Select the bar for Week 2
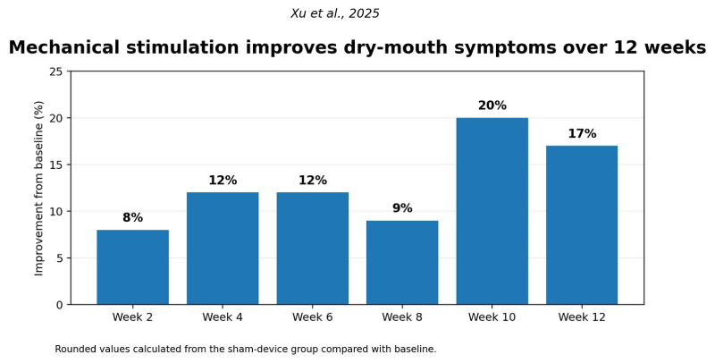(132, 267)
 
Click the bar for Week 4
(223, 249)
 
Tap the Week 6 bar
(312, 249)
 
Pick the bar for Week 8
(402, 263)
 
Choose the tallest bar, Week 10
(492, 211)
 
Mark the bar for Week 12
(582, 225)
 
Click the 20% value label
(492, 106)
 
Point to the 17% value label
(582, 133)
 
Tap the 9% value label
(402, 208)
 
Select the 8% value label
(132, 217)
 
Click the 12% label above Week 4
(223, 180)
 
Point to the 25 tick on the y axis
(57, 72)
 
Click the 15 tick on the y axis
(57, 165)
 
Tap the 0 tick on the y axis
(60, 305)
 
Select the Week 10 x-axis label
(492, 317)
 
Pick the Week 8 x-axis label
(402, 317)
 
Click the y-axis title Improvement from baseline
(39, 189)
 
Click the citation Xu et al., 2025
(335, 13)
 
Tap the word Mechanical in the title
(64, 47)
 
